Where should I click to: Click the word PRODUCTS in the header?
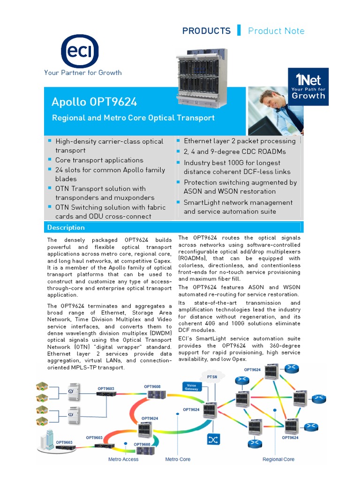pos(206,31)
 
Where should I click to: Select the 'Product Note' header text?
pos(276,31)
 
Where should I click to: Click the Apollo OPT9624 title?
pos(94,102)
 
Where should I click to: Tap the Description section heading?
pos(66,227)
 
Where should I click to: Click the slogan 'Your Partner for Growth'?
pos(83,73)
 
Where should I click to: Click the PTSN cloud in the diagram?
pos(212,377)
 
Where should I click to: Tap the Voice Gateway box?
pos(191,386)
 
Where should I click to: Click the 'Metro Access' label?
pos(123,459)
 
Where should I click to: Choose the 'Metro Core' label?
pos(178,459)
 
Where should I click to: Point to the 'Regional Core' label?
pos(278,459)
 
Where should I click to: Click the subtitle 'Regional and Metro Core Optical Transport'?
pos(133,118)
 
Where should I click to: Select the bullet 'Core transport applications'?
pos(99,160)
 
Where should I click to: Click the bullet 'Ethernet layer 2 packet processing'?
pos(240,141)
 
